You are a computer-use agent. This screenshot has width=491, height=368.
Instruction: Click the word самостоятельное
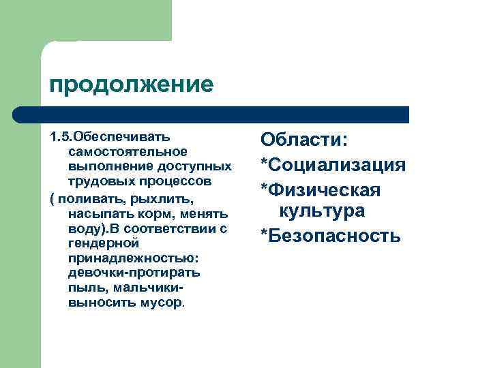tap(128, 150)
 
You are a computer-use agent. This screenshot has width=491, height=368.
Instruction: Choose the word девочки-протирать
tap(134, 273)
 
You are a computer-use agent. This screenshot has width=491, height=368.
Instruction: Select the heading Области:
tap(304, 140)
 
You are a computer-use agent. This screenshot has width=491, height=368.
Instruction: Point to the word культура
tap(322, 211)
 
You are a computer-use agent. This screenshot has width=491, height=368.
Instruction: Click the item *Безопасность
tap(330, 236)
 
